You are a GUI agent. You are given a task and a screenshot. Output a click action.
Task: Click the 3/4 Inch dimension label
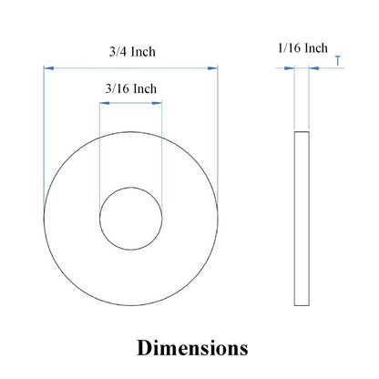pos(132,52)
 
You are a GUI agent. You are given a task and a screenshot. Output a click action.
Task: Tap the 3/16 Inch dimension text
pos(131,88)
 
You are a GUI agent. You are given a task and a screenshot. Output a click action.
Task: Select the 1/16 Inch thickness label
pos(302,48)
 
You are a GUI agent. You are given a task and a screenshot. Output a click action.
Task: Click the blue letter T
pos(338,61)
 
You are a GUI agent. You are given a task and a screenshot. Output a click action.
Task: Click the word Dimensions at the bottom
pos(192,348)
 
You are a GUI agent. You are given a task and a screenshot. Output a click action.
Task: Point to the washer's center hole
pos(131,219)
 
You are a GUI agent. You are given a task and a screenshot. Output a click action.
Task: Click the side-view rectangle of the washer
pos(302,219)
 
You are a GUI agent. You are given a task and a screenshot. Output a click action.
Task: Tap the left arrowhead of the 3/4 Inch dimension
pos(48,68)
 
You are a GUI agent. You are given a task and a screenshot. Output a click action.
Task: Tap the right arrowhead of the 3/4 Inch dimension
pos(213,68)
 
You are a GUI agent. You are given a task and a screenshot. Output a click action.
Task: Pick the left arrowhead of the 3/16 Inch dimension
pos(105,103)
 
